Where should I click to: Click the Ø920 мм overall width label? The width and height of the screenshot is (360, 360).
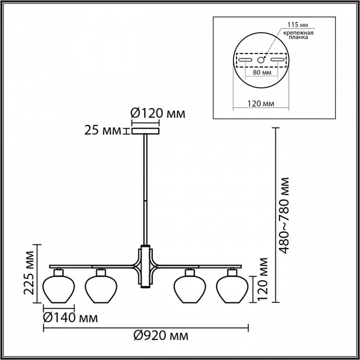(x=161, y=336)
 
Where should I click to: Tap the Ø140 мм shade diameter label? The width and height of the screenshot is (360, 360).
(x=70, y=318)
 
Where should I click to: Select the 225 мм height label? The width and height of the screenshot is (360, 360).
(x=29, y=273)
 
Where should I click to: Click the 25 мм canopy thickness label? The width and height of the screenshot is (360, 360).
(x=102, y=130)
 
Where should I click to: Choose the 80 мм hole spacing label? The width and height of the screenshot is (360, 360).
(x=262, y=72)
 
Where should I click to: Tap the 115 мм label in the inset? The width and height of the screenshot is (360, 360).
(x=298, y=24)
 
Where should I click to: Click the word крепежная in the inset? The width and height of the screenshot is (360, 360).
(x=298, y=32)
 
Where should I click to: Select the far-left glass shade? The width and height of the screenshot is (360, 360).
(x=58, y=289)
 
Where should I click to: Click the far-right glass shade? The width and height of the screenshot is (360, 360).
(x=232, y=289)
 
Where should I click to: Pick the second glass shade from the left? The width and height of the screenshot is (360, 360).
(x=101, y=289)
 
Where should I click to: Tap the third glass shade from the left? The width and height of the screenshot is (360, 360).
(x=189, y=289)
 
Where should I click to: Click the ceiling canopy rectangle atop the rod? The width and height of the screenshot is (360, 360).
(x=145, y=131)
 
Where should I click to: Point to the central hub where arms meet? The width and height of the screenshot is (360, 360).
(x=145, y=266)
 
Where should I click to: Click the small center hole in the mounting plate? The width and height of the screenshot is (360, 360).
(x=260, y=60)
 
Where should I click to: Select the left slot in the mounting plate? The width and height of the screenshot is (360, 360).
(x=245, y=60)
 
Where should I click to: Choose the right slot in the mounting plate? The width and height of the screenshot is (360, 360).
(x=278, y=60)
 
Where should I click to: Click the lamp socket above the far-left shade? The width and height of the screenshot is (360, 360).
(x=58, y=272)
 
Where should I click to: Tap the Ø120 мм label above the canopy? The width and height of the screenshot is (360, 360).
(x=157, y=113)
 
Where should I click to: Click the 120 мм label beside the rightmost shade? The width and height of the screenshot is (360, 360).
(x=262, y=279)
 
